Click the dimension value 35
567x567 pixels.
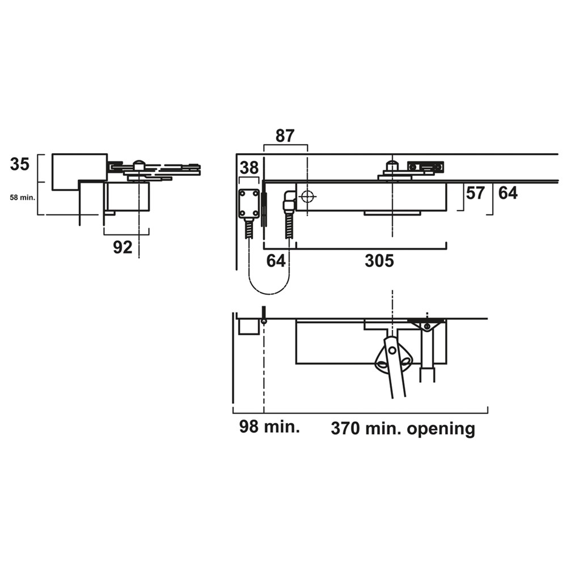[x=19, y=164]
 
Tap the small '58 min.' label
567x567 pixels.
[x=23, y=198]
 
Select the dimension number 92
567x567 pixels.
[x=123, y=247]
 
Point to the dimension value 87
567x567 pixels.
[x=285, y=136]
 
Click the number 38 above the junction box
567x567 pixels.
[x=249, y=168]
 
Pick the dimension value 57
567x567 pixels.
[x=475, y=193]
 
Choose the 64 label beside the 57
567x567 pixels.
[x=507, y=193]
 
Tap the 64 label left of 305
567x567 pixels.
[x=276, y=261]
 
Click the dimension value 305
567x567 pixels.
[x=379, y=261]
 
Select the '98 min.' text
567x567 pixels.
[x=269, y=427]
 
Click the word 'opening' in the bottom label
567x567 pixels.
[x=441, y=430]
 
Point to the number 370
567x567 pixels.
[x=345, y=429]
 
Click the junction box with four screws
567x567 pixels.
[x=249, y=204]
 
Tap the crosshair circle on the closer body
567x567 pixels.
[x=307, y=197]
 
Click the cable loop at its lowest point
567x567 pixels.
[x=269, y=294]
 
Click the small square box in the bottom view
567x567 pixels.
[x=249, y=327]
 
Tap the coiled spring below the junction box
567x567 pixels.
[x=249, y=228]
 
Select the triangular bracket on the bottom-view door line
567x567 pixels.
[x=427, y=325]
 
